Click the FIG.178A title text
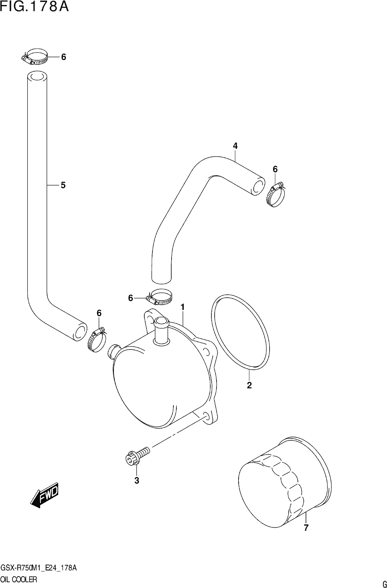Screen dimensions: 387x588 35,7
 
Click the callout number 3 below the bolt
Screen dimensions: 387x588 137,480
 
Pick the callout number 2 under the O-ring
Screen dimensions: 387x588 249,385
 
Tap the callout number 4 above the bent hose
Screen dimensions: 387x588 235,146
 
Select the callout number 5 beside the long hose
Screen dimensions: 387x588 63,185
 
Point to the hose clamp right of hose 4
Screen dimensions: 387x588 275,195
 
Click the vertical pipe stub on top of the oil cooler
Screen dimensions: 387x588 161,330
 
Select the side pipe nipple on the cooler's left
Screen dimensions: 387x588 114,351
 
